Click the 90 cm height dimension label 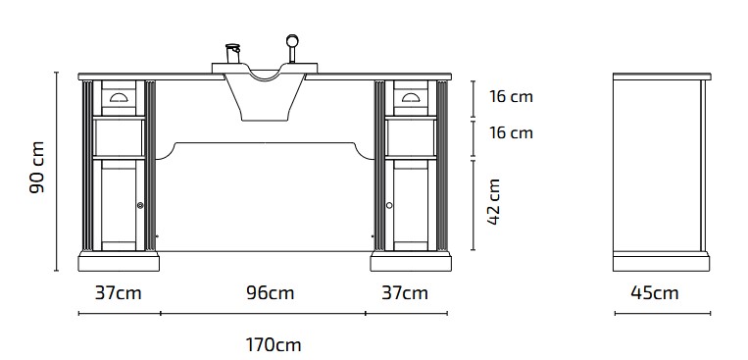(x=36, y=167)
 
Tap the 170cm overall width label (x=274, y=344)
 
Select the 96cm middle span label (x=270, y=292)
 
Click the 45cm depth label (x=655, y=292)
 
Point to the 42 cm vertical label (x=494, y=201)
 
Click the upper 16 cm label (x=511, y=96)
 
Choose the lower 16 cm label (x=511, y=132)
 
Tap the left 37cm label (x=119, y=292)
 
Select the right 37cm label (x=405, y=292)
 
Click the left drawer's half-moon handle (x=119, y=98)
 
